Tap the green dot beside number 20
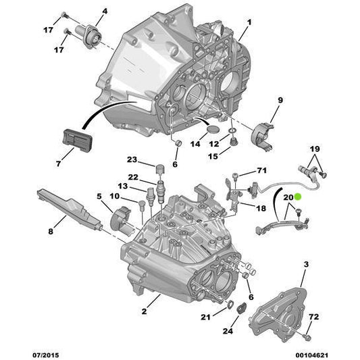[x=298, y=197]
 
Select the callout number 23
[x=132, y=160]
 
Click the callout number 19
[x=314, y=148]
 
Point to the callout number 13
[x=122, y=186]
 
